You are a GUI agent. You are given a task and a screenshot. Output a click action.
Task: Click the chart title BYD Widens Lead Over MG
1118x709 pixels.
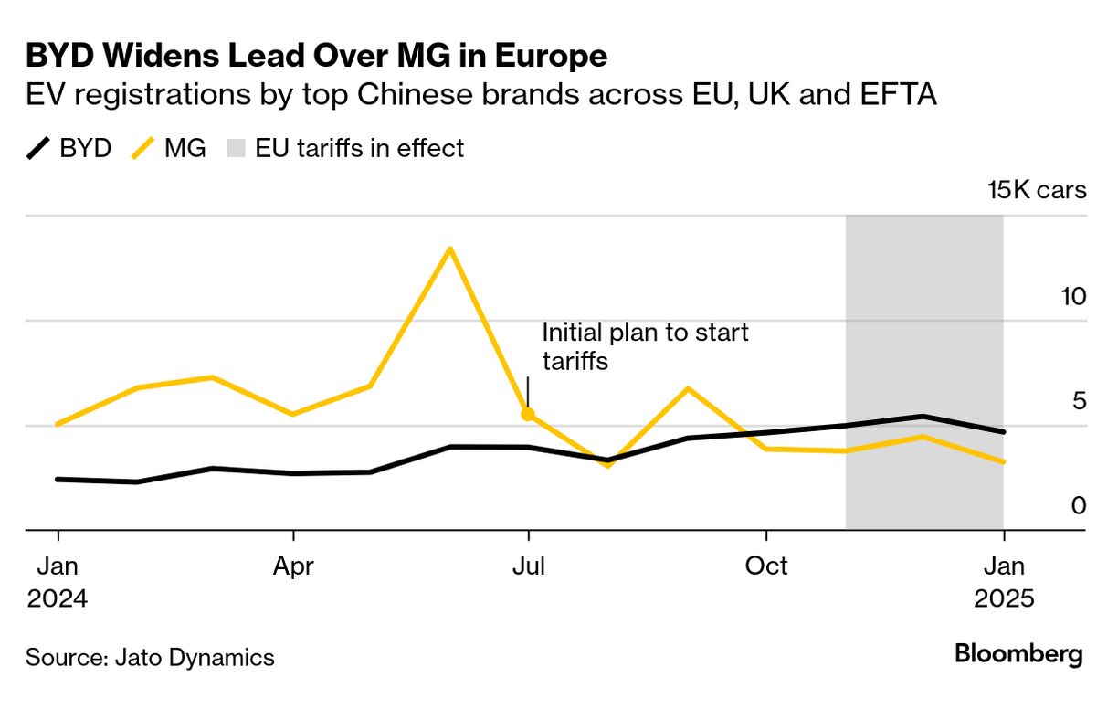pyautogui.click(x=316, y=57)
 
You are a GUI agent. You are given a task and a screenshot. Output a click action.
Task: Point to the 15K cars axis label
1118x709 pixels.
pyautogui.click(x=1036, y=190)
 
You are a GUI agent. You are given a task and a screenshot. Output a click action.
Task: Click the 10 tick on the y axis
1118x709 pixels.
pyautogui.click(x=1049, y=297)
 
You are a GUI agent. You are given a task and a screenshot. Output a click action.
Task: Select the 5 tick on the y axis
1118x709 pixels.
pyautogui.click(x=1054, y=401)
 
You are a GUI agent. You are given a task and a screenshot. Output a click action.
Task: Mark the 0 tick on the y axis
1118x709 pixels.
pyautogui.click(x=1053, y=505)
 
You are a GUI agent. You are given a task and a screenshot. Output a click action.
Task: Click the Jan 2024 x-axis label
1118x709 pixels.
pyautogui.click(x=58, y=583)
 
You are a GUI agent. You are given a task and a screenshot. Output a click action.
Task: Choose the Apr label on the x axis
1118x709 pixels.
pyautogui.click(x=293, y=566)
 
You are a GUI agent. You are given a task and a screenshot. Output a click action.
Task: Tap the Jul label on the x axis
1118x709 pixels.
pyautogui.click(x=528, y=566)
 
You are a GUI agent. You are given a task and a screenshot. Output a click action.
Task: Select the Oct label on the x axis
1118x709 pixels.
pyautogui.click(x=766, y=566)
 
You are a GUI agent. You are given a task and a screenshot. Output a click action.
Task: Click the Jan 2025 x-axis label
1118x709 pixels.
pyautogui.click(x=1003, y=583)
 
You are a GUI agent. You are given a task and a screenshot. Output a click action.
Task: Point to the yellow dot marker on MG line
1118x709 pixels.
pyautogui.click(x=528, y=415)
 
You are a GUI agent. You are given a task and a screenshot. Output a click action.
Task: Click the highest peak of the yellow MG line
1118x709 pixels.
pyautogui.click(x=449, y=249)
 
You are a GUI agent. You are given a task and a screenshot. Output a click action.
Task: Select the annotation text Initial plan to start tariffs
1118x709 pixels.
pyautogui.click(x=645, y=346)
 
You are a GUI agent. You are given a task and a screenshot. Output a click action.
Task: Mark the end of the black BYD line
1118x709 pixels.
pyautogui.click(x=1003, y=431)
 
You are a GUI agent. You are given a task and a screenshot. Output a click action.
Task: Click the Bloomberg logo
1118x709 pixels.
pyautogui.click(x=1018, y=654)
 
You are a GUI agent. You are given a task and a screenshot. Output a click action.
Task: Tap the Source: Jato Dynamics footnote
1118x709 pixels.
pyautogui.click(x=150, y=657)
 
